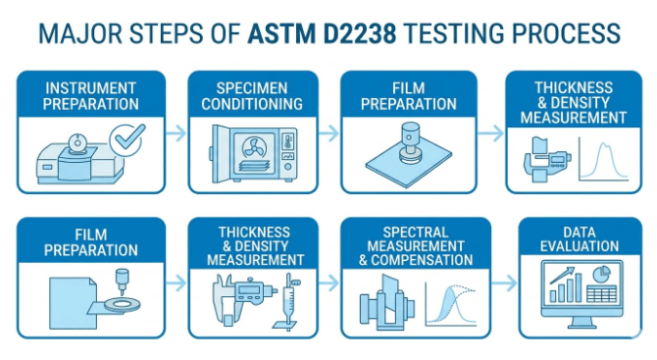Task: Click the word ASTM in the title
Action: (x=280, y=33)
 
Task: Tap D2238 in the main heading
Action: (x=360, y=33)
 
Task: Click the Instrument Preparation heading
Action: (x=90, y=96)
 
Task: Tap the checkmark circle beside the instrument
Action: (x=126, y=140)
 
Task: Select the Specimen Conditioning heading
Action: (x=252, y=96)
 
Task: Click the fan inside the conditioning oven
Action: (x=254, y=149)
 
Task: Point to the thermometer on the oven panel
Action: (x=288, y=141)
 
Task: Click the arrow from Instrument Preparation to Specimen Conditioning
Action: (x=176, y=133)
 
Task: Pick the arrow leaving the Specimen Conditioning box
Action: (x=328, y=133)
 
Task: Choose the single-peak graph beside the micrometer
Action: (x=603, y=159)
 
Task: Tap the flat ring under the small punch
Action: (x=123, y=304)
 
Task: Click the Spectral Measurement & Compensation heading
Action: (x=415, y=246)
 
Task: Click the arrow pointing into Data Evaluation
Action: (x=504, y=283)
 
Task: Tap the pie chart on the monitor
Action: (x=602, y=274)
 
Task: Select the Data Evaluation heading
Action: (x=580, y=239)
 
